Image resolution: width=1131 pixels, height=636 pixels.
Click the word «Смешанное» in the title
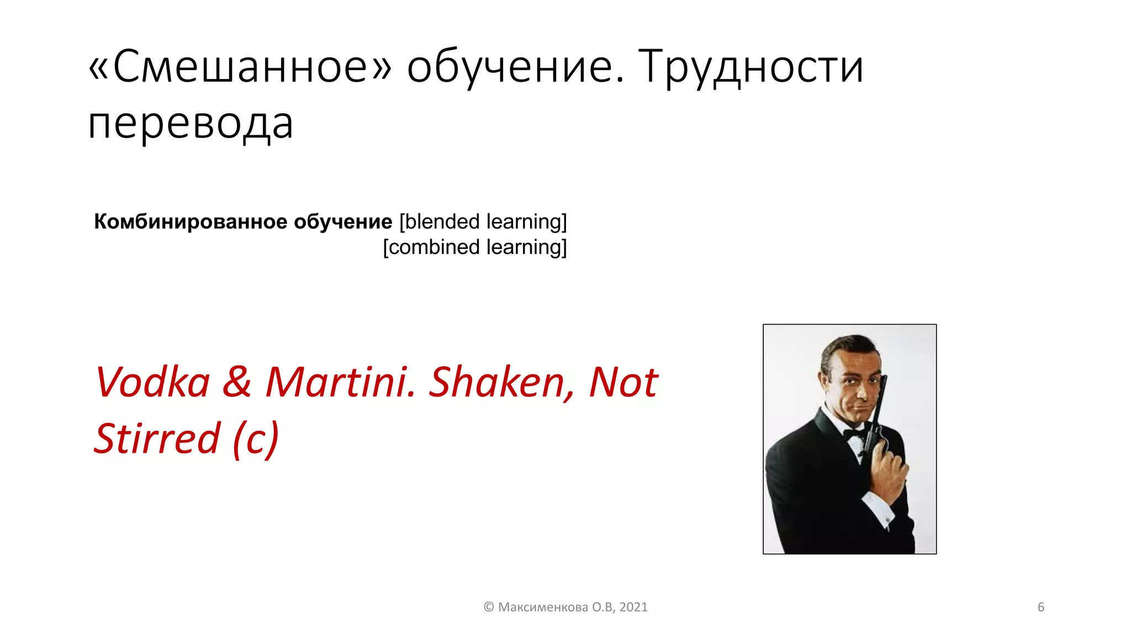[240, 67]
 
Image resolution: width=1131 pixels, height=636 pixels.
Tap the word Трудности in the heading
[751, 67]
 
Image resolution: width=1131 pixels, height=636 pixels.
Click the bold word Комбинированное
[191, 221]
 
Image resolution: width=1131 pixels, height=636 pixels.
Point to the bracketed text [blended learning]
[483, 221]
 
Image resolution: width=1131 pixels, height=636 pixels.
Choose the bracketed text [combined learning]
[475, 247]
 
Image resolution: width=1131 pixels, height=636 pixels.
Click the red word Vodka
[153, 382]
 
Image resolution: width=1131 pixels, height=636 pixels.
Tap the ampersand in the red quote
[237, 382]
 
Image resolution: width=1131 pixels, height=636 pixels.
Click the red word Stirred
[157, 438]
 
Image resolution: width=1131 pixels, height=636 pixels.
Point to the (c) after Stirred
[256, 438]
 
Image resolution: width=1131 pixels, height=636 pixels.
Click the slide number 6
[1041, 607]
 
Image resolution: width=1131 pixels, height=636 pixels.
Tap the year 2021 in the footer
[633, 607]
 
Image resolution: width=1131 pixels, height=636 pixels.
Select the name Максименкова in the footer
[543, 607]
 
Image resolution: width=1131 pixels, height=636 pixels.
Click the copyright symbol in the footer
[489, 607]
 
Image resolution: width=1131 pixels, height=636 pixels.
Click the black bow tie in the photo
[855, 434]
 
